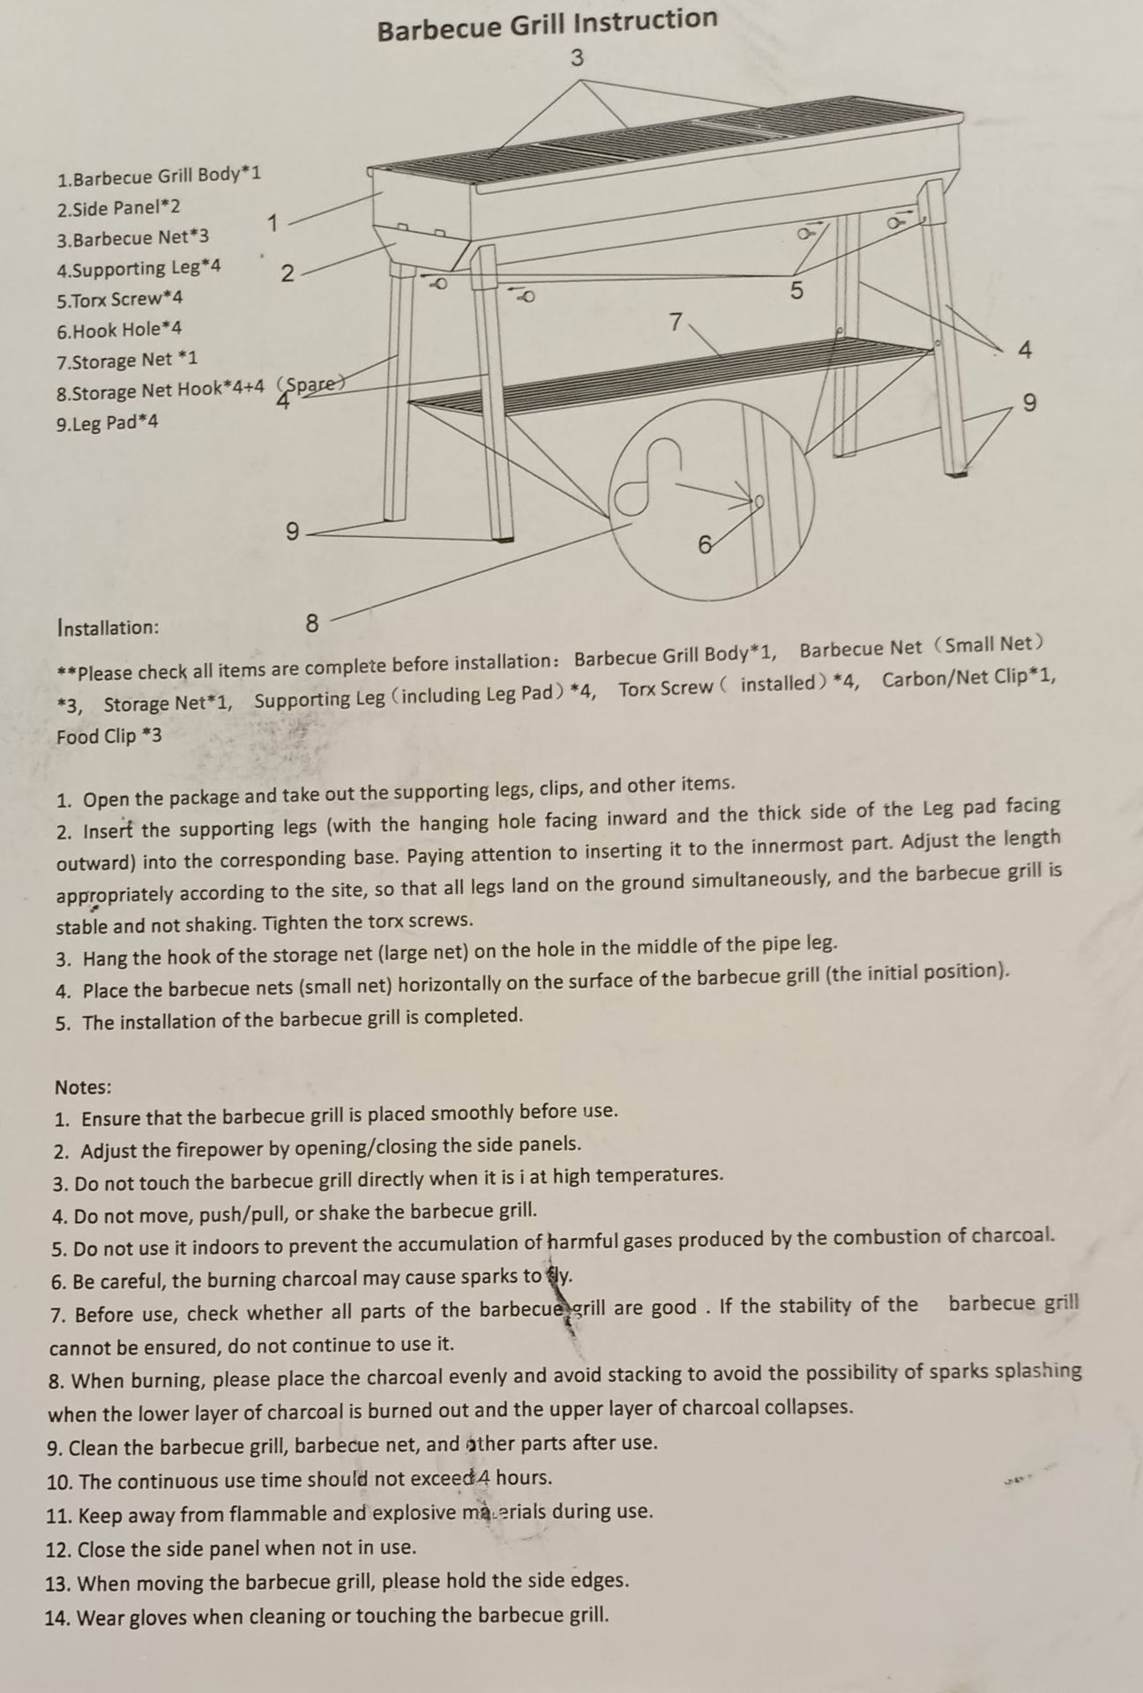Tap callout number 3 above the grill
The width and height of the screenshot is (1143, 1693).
(577, 59)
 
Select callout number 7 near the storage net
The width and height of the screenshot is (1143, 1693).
(676, 323)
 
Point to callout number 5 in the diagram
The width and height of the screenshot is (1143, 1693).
(796, 291)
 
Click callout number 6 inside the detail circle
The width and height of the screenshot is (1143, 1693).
(705, 546)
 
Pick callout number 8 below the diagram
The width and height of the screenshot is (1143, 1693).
(312, 623)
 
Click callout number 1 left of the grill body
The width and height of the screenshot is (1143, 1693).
(273, 223)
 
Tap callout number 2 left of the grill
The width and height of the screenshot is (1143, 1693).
(288, 274)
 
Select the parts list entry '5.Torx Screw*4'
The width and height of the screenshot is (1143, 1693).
(120, 300)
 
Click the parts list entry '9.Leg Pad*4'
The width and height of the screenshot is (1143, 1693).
(108, 422)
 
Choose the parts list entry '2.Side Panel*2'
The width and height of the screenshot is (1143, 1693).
(118, 208)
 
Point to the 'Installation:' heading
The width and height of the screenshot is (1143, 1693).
(108, 628)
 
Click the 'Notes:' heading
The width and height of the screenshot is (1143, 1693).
(83, 1086)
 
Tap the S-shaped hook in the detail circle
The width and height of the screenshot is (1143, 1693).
(649, 476)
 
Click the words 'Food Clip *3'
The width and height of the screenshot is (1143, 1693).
(109, 736)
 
